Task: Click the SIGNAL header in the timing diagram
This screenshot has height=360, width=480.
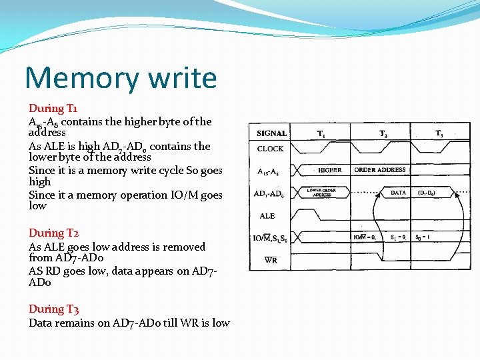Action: pos(271,133)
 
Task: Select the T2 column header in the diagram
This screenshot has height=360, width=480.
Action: pos(385,133)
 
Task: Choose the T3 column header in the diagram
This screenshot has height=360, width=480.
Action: pos(439,133)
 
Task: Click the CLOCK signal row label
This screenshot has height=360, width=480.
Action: pos(270,149)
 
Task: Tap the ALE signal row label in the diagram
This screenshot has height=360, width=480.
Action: pos(267,216)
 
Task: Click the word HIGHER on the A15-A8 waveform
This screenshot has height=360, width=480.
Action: pos(329,170)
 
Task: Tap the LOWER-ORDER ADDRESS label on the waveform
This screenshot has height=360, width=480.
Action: pos(322,193)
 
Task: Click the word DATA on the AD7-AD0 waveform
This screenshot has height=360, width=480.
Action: pos(398,193)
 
